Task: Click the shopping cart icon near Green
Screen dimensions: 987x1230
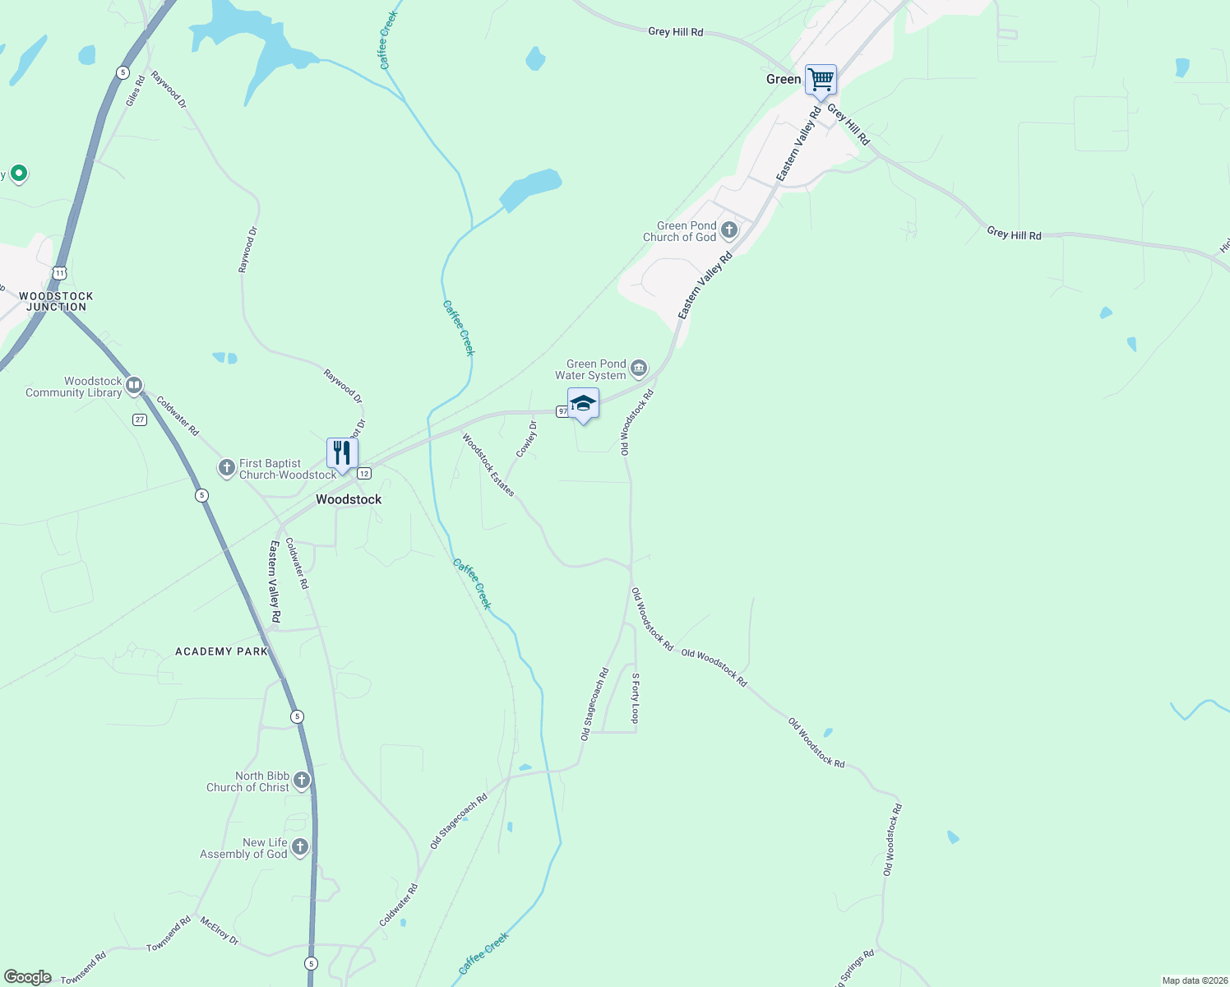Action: coord(821,81)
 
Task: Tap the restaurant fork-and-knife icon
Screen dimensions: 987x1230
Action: coord(342,453)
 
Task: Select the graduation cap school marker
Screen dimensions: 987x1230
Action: coord(583,404)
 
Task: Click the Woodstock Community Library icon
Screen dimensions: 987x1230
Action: coord(134,386)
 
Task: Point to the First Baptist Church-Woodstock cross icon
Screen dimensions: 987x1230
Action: coord(226,468)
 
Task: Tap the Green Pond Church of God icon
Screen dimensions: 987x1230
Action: coord(729,230)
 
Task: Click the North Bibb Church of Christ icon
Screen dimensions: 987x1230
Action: coord(302,781)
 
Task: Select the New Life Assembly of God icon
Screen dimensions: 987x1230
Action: coord(300,847)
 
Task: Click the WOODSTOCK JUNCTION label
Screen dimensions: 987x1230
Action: coord(56,302)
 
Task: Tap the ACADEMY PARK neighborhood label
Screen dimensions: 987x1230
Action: coord(222,651)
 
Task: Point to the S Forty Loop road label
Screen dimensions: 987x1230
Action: coord(635,698)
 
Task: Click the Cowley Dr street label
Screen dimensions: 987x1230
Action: coord(527,439)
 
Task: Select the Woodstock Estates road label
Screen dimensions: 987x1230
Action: coord(488,466)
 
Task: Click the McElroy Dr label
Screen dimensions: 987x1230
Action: coord(220,931)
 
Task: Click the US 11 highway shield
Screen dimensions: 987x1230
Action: coord(59,272)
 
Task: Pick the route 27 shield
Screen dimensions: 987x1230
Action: coord(140,419)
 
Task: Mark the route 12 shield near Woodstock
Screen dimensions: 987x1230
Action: coord(364,473)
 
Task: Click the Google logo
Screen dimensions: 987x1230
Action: coord(28,977)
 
